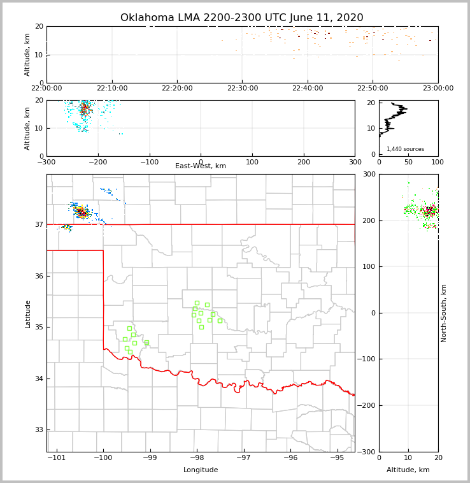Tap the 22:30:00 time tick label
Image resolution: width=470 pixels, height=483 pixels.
pyautogui.click(x=242, y=89)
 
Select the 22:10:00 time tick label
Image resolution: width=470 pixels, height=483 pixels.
pyautogui.click(x=111, y=89)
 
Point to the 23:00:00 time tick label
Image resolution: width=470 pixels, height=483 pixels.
pyautogui.click(x=438, y=89)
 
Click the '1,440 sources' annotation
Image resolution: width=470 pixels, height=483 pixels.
pyautogui.click(x=405, y=149)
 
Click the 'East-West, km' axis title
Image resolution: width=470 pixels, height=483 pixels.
pyautogui.click(x=201, y=166)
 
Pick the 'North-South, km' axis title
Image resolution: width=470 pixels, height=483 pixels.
pyautogui.click(x=445, y=313)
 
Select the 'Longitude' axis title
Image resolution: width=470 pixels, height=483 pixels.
pyautogui.click(x=201, y=470)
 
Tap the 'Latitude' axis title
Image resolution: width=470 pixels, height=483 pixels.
pyautogui.click(x=27, y=314)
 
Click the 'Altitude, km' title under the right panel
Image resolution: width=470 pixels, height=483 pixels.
pyautogui.click(x=408, y=470)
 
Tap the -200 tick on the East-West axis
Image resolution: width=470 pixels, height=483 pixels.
pyautogui.click(x=97, y=162)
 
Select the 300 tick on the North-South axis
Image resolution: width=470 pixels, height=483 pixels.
pyautogui.click(x=369, y=175)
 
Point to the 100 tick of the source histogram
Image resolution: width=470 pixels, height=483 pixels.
pyautogui.click(x=438, y=162)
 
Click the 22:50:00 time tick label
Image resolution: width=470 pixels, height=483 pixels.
pyautogui.click(x=373, y=89)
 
